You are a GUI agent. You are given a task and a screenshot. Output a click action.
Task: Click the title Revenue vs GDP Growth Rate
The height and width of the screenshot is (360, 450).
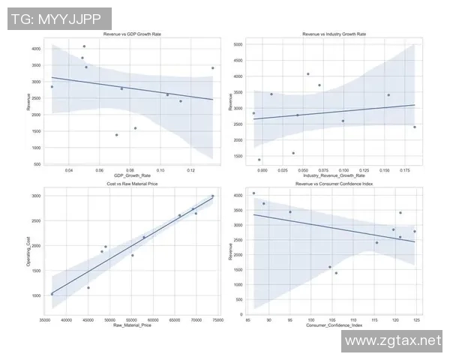pyautogui.click(x=132, y=34)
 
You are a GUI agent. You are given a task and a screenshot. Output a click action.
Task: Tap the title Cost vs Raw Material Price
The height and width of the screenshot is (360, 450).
pyautogui.click(x=132, y=184)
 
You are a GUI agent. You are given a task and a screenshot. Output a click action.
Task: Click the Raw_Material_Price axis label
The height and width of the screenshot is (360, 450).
pyautogui.click(x=132, y=325)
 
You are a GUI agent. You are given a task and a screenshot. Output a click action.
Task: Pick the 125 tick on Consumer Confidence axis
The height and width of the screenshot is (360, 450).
pyautogui.click(x=416, y=319)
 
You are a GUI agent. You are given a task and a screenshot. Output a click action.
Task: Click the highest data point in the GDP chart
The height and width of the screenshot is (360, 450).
pyautogui.click(x=84, y=46)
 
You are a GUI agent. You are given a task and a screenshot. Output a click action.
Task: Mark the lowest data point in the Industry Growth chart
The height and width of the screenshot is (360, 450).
pyautogui.click(x=259, y=160)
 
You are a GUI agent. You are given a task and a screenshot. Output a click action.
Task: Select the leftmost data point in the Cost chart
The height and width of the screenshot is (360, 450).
pyautogui.click(x=52, y=294)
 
